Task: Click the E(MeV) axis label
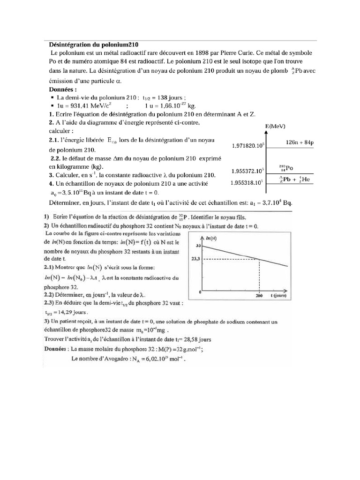pos(275,127)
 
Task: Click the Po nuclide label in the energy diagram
pos(285,168)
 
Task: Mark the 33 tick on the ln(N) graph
pos(199,245)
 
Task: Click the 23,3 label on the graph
pos(196,259)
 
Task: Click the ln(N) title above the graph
pos(212,239)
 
